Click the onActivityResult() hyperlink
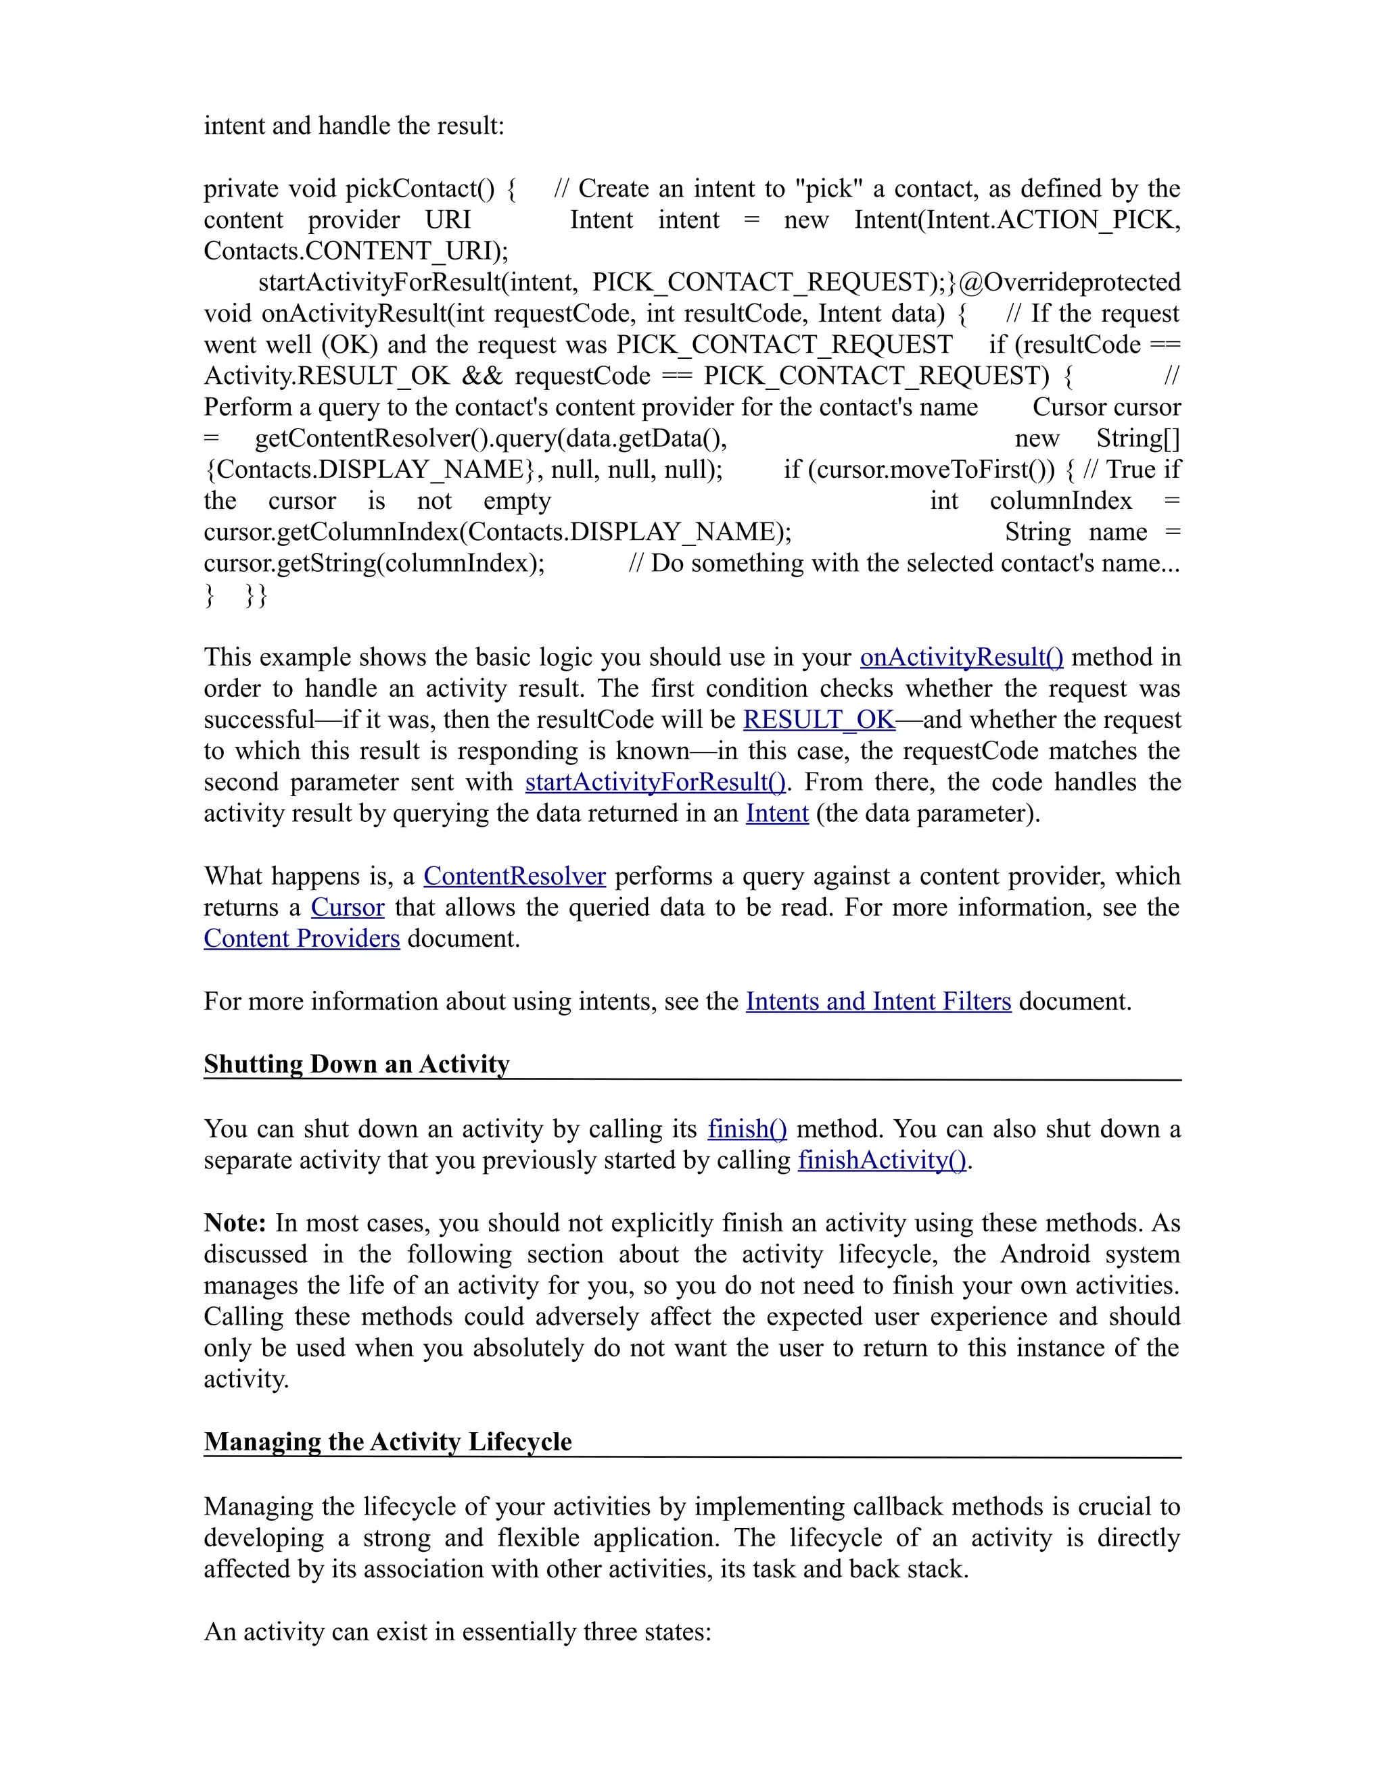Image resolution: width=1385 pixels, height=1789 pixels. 960,658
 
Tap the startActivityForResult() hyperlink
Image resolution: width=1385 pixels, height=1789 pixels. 655,782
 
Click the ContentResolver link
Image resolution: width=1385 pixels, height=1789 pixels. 514,877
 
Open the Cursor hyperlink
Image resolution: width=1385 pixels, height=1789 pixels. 347,908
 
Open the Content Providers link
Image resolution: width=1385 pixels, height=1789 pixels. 302,939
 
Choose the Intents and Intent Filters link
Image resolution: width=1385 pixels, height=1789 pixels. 878,1002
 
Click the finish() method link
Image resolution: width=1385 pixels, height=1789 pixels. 747,1129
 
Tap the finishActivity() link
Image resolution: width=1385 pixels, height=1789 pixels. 882,1160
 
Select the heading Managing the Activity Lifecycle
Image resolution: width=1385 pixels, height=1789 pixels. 388,1442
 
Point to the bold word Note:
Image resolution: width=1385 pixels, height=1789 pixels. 235,1224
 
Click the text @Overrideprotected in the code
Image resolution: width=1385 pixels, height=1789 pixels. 1069,283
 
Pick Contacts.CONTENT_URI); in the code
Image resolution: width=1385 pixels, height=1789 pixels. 356,251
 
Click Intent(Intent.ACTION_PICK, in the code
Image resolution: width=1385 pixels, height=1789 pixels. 1016,220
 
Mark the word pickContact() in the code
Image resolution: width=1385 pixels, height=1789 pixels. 419,189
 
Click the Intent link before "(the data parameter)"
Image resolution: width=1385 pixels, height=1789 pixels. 776,814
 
